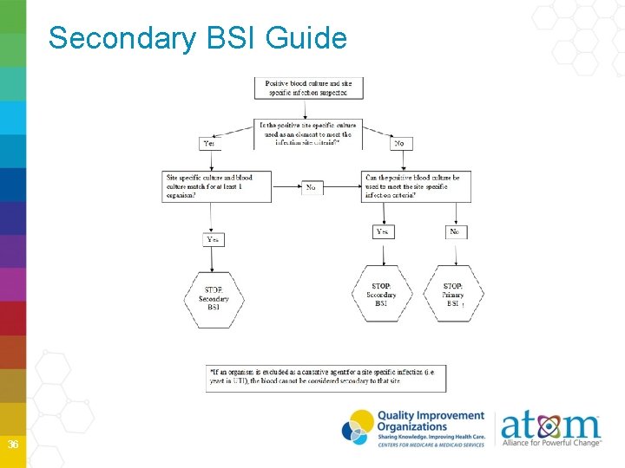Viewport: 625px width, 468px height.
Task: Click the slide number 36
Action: [13, 445]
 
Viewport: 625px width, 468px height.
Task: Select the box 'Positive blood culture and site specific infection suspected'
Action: [308, 88]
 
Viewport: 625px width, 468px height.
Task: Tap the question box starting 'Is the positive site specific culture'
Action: [308, 133]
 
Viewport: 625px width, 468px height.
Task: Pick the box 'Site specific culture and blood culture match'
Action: [218, 186]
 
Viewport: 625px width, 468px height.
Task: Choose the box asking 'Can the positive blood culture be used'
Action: [416, 186]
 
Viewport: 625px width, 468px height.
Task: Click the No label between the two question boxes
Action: [312, 187]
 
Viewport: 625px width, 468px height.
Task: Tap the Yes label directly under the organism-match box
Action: [214, 238]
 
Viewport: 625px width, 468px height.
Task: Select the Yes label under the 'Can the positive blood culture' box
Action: [383, 231]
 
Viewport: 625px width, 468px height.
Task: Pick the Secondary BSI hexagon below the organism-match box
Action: [214, 299]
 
